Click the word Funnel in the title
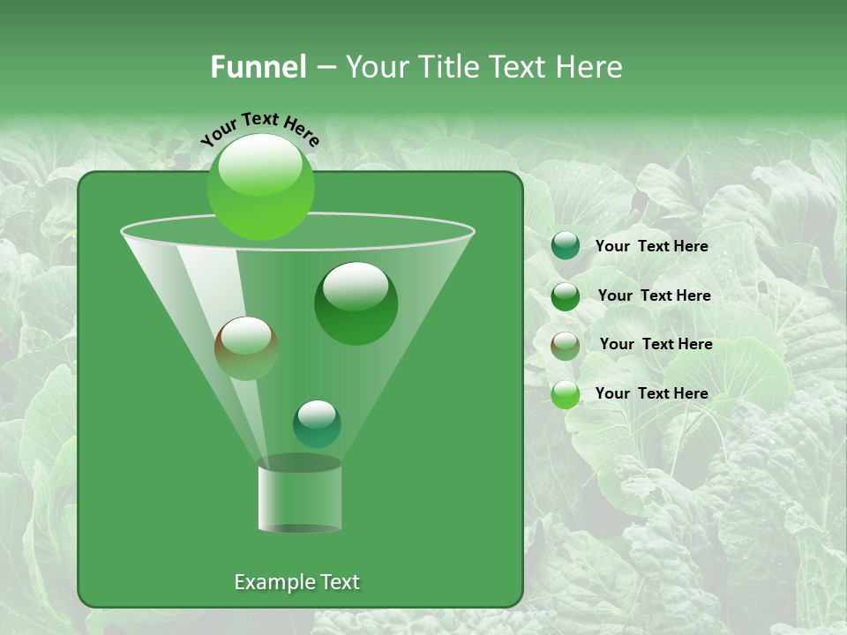pos(259,67)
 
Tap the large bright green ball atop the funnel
pos(261,187)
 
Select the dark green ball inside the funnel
pos(356,304)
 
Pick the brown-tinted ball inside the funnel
pos(246,347)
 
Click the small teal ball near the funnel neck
pos(317,423)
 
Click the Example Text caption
pos(297,582)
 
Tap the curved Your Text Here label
pos(259,130)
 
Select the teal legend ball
pos(566,246)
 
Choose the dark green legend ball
pos(566,295)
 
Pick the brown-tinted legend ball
pos(566,345)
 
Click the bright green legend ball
pos(566,394)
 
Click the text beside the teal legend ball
pos(651,246)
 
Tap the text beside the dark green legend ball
pos(654,295)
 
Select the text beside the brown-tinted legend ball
pos(656,344)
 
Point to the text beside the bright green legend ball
pos(651,393)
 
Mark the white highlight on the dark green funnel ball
pos(356,287)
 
